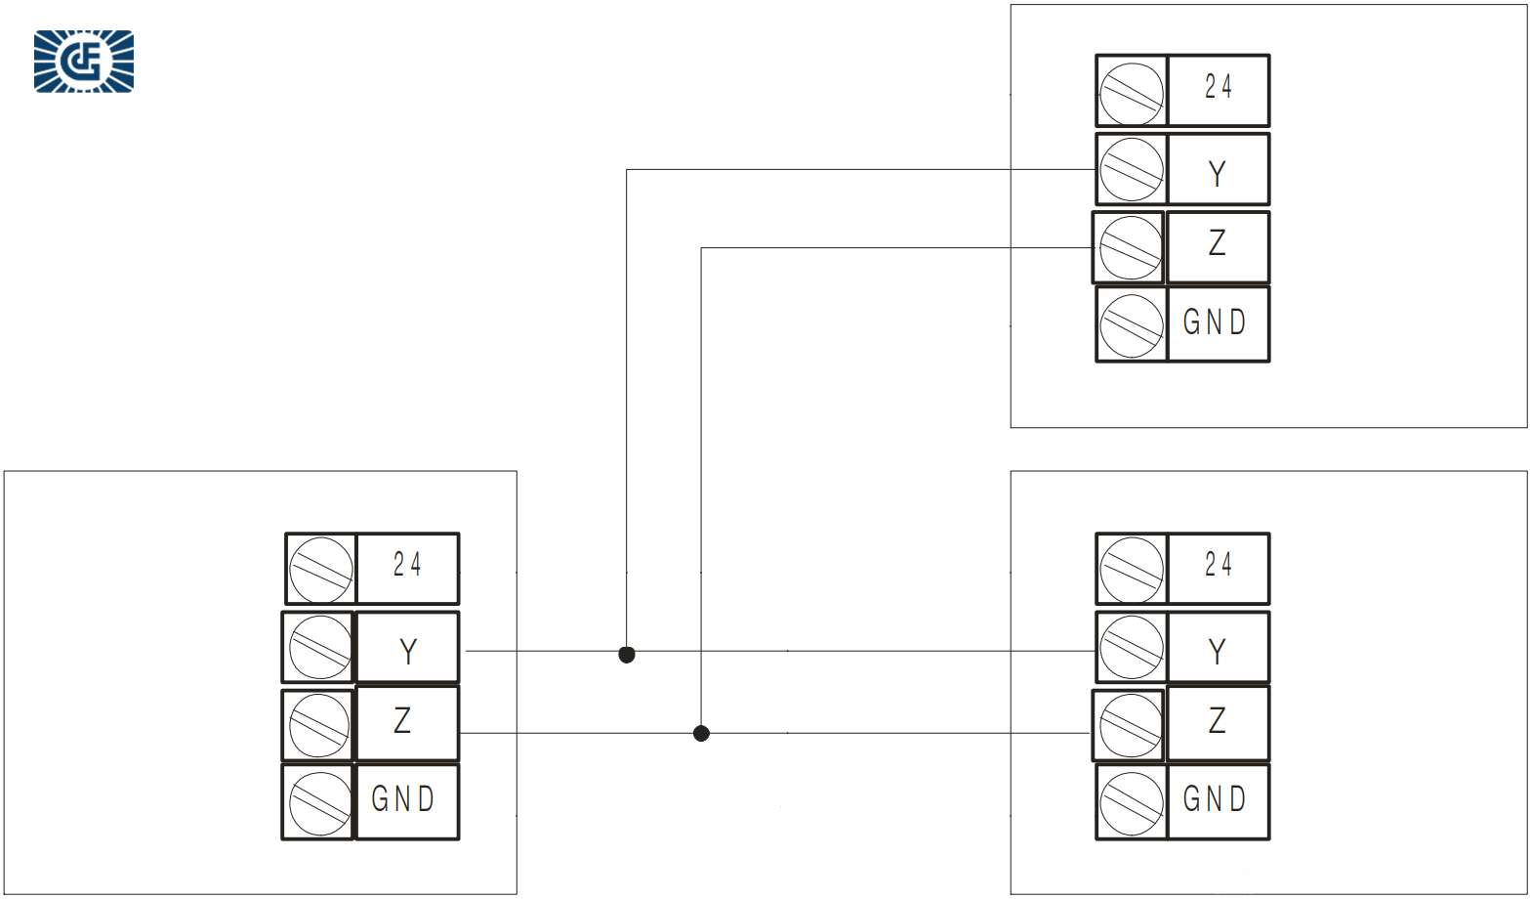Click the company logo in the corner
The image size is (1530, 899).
tap(84, 62)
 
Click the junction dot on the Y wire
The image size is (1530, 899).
tap(627, 654)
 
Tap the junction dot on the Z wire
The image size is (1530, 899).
tap(701, 733)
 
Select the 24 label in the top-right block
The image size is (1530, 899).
tap(1218, 88)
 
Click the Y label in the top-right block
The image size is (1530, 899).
tap(1217, 174)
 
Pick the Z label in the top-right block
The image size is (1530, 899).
tap(1217, 242)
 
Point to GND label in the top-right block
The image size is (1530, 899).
tap(1215, 321)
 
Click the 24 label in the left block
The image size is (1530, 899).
tap(407, 565)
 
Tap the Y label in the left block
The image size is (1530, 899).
tap(408, 651)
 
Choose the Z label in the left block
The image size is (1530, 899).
tap(402, 721)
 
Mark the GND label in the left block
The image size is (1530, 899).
tap(402, 799)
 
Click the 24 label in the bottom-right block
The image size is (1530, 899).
tap(1218, 565)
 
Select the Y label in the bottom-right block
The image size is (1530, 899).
tap(1217, 651)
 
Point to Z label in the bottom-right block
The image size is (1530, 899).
tap(1217, 721)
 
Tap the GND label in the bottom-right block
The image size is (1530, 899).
tap(1215, 799)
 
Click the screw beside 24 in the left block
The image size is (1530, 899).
tap(321, 569)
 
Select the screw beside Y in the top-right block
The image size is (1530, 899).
tap(1132, 169)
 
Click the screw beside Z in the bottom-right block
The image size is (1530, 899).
tap(1130, 725)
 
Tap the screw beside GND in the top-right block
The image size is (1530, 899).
tap(1132, 324)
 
